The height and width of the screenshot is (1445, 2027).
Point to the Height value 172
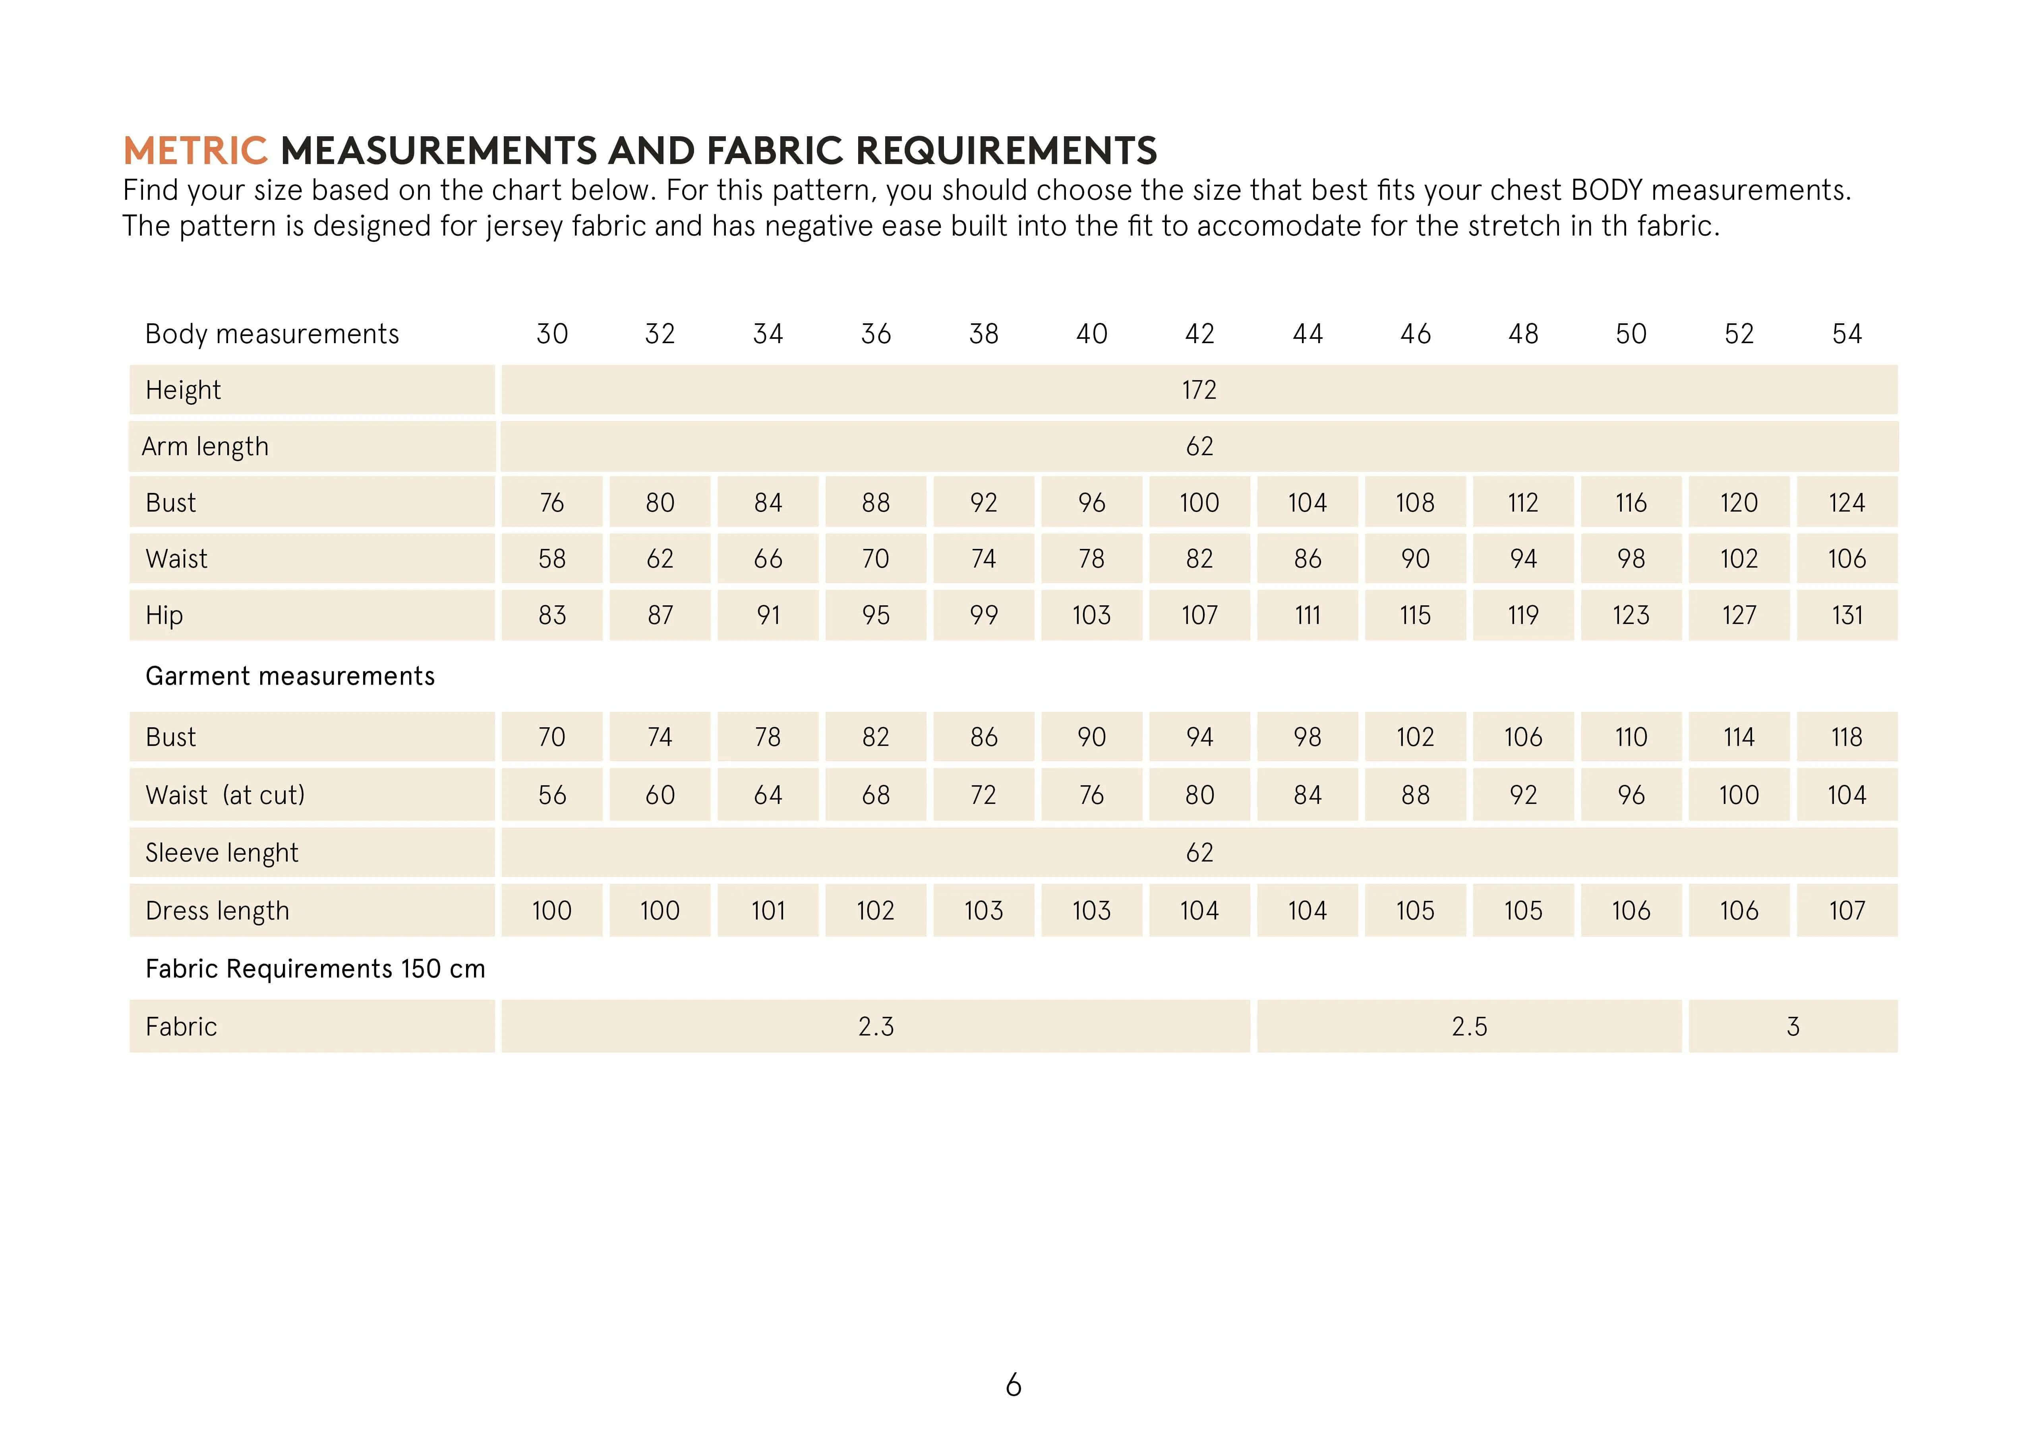click(1199, 390)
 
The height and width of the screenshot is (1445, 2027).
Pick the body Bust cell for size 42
click(1199, 503)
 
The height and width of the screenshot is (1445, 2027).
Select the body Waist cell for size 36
click(876, 559)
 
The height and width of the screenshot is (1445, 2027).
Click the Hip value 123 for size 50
click(1630, 615)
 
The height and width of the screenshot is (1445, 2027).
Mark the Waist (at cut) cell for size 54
click(1846, 794)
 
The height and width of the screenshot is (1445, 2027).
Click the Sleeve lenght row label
click(222, 852)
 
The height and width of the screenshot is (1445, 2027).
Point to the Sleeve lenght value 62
click(1199, 852)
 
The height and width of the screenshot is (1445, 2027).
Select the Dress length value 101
click(768, 910)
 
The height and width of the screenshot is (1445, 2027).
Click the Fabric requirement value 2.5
click(1469, 1027)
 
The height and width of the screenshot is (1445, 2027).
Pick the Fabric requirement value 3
click(1793, 1027)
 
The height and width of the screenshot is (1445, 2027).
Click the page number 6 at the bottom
click(1014, 1385)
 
